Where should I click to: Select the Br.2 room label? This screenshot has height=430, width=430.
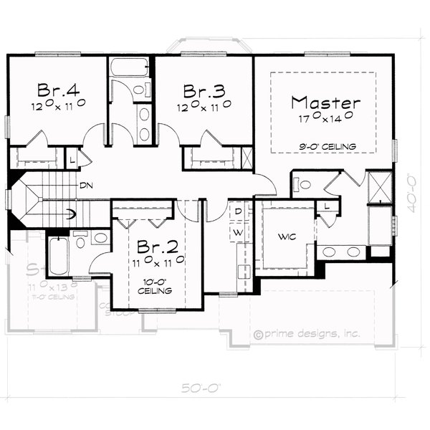click(157, 247)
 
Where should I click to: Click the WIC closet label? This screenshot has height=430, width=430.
click(287, 236)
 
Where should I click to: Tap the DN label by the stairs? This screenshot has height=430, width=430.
click(86, 186)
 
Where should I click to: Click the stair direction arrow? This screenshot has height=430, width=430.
click(70, 212)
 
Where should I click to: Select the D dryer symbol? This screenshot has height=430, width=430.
click(239, 212)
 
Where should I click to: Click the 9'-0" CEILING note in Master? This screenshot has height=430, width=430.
click(328, 147)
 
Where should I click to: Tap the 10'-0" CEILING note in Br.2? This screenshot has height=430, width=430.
click(156, 287)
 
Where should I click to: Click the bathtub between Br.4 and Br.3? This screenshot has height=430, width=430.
click(130, 70)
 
